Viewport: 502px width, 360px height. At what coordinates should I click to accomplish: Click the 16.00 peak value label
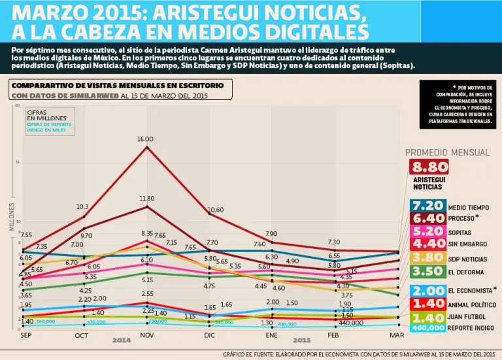tap(145, 139)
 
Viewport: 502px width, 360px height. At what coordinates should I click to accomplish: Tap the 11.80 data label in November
tap(146, 198)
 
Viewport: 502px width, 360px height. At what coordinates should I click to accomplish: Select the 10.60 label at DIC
tap(216, 210)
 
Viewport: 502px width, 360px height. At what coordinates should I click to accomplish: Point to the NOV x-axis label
tap(146, 335)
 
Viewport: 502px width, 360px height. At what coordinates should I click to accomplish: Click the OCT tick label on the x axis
tap(82, 335)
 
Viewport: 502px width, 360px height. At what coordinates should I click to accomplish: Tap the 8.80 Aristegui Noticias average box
tap(429, 167)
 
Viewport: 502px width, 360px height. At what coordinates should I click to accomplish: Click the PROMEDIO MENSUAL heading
tap(447, 152)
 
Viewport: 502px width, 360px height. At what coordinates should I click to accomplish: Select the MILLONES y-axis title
tap(11, 217)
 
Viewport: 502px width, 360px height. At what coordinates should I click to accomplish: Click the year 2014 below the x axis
tap(121, 340)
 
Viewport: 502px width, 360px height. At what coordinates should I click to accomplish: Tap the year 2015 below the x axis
tap(301, 340)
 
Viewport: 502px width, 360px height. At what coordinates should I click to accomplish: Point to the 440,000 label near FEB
tap(350, 323)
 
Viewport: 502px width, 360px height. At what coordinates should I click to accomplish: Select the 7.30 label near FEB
tap(333, 242)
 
